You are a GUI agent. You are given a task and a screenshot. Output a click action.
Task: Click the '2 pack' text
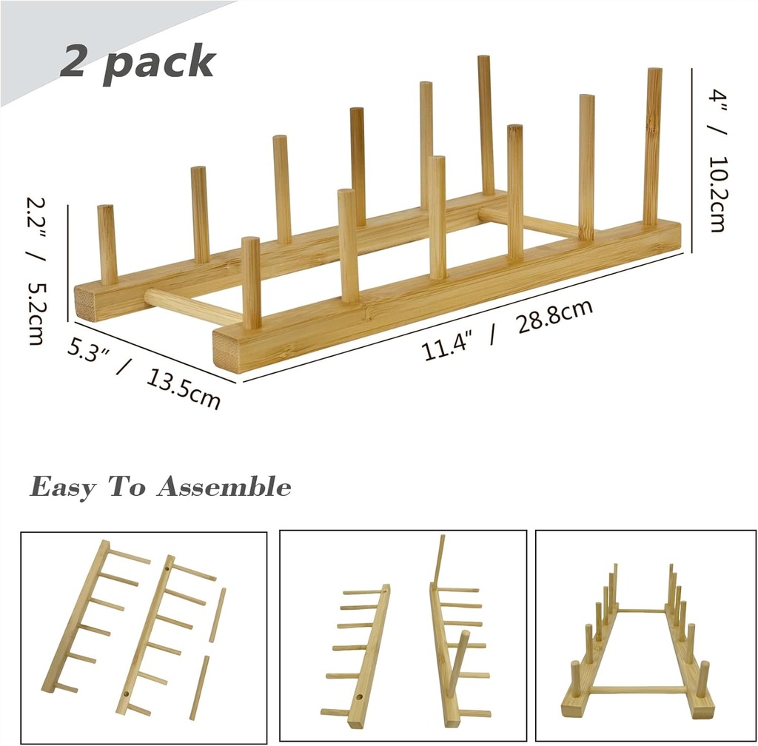tap(137, 61)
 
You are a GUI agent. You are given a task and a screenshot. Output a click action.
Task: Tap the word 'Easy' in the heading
tap(63, 488)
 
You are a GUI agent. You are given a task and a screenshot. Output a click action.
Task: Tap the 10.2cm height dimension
tap(717, 193)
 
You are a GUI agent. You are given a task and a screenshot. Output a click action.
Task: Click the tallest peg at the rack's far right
tap(652, 147)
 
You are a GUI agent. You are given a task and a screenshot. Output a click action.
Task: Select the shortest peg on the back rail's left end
tap(107, 244)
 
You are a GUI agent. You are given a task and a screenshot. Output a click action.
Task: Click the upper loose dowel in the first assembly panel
tap(217, 615)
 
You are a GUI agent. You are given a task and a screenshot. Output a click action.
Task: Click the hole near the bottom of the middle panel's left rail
tap(358, 697)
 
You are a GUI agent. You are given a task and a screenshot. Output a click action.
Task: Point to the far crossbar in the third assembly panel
tap(643, 611)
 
